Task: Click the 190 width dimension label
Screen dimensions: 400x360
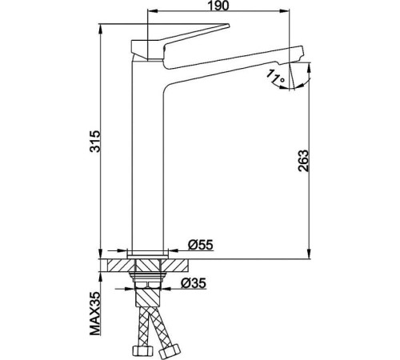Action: [x=218, y=6]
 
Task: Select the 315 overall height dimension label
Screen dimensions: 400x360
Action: [x=95, y=142]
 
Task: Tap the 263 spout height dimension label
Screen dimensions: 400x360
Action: [x=303, y=161]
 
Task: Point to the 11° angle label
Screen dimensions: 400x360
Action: [x=276, y=76]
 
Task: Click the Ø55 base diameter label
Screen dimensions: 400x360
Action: [x=201, y=245]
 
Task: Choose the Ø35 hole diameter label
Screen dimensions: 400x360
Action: [x=194, y=283]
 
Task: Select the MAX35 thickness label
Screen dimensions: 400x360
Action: [x=95, y=314]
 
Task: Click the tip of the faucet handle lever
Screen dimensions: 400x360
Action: [x=228, y=26]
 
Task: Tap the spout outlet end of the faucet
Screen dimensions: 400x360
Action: [x=296, y=61]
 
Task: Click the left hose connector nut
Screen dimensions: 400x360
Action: [x=142, y=350]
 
